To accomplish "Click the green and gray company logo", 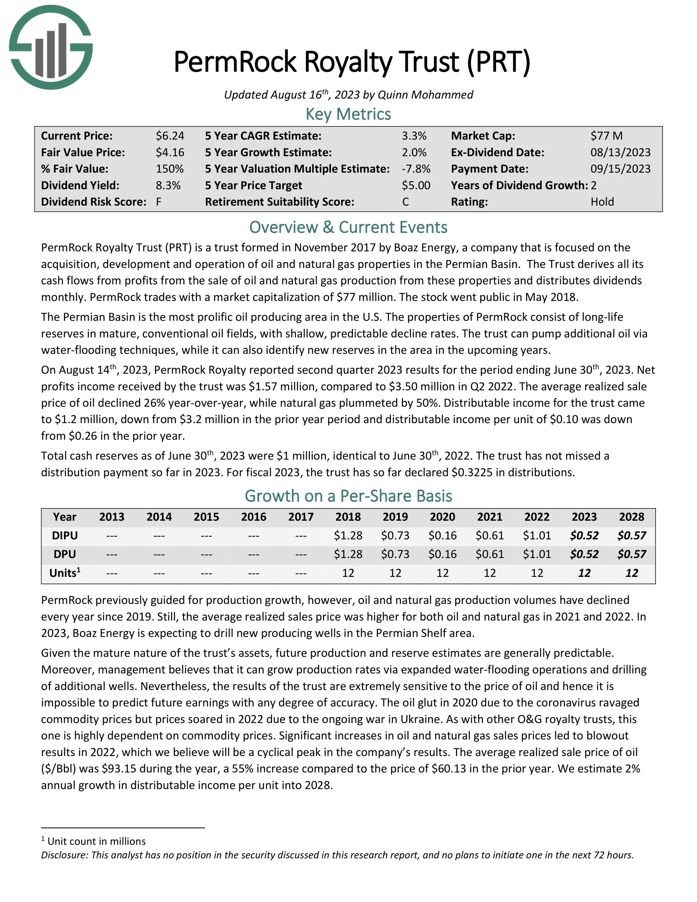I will pyautogui.click(x=51, y=47).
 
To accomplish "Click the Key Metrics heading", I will pyautogui.click(x=348, y=114).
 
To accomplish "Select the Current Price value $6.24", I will pyautogui.click(x=170, y=136).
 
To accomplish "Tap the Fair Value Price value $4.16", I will pyautogui.click(x=170, y=153).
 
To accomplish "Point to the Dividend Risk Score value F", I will pyautogui.click(x=159, y=202).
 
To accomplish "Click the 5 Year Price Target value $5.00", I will pyautogui.click(x=416, y=185).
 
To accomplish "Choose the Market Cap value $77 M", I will pyautogui.click(x=606, y=136).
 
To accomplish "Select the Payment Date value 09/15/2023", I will pyautogui.click(x=620, y=169).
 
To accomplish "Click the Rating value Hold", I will pyautogui.click(x=602, y=202).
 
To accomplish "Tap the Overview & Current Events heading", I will pyautogui.click(x=348, y=228).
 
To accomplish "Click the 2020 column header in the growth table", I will pyautogui.click(x=442, y=517).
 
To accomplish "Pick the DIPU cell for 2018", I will pyautogui.click(x=348, y=536).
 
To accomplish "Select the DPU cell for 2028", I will pyautogui.click(x=631, y=554).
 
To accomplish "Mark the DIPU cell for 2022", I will pyautogui.click(x=537, y=536).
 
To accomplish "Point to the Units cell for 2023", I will pyautogui.click(x=584, y=573).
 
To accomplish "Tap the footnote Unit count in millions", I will pyautogui.click(x=96, y=841).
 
